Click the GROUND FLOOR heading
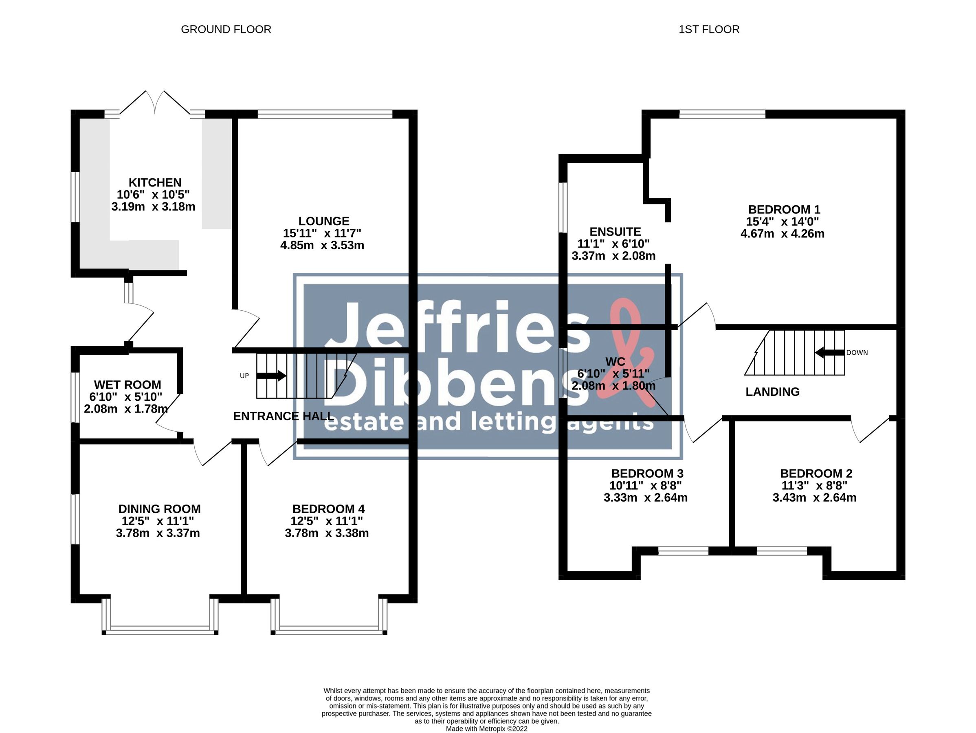pos(226,30)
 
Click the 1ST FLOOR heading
pos(709,30)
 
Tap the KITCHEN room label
pos(155,182)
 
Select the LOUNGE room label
pos(323,221)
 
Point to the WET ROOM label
pos(127,384)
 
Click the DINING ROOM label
pos(159,509)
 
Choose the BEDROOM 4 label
pos(328,509)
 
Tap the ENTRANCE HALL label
pos(283,416)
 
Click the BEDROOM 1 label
pos(784,209)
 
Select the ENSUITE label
pos(615,232)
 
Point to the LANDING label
pos(772,392)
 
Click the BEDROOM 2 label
pos(816,473)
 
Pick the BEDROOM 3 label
pos(647,473)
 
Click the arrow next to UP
pos(271,376)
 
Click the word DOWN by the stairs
pos(857,353)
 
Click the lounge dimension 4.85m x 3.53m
pos(322,245)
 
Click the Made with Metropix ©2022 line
pos(486,729)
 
